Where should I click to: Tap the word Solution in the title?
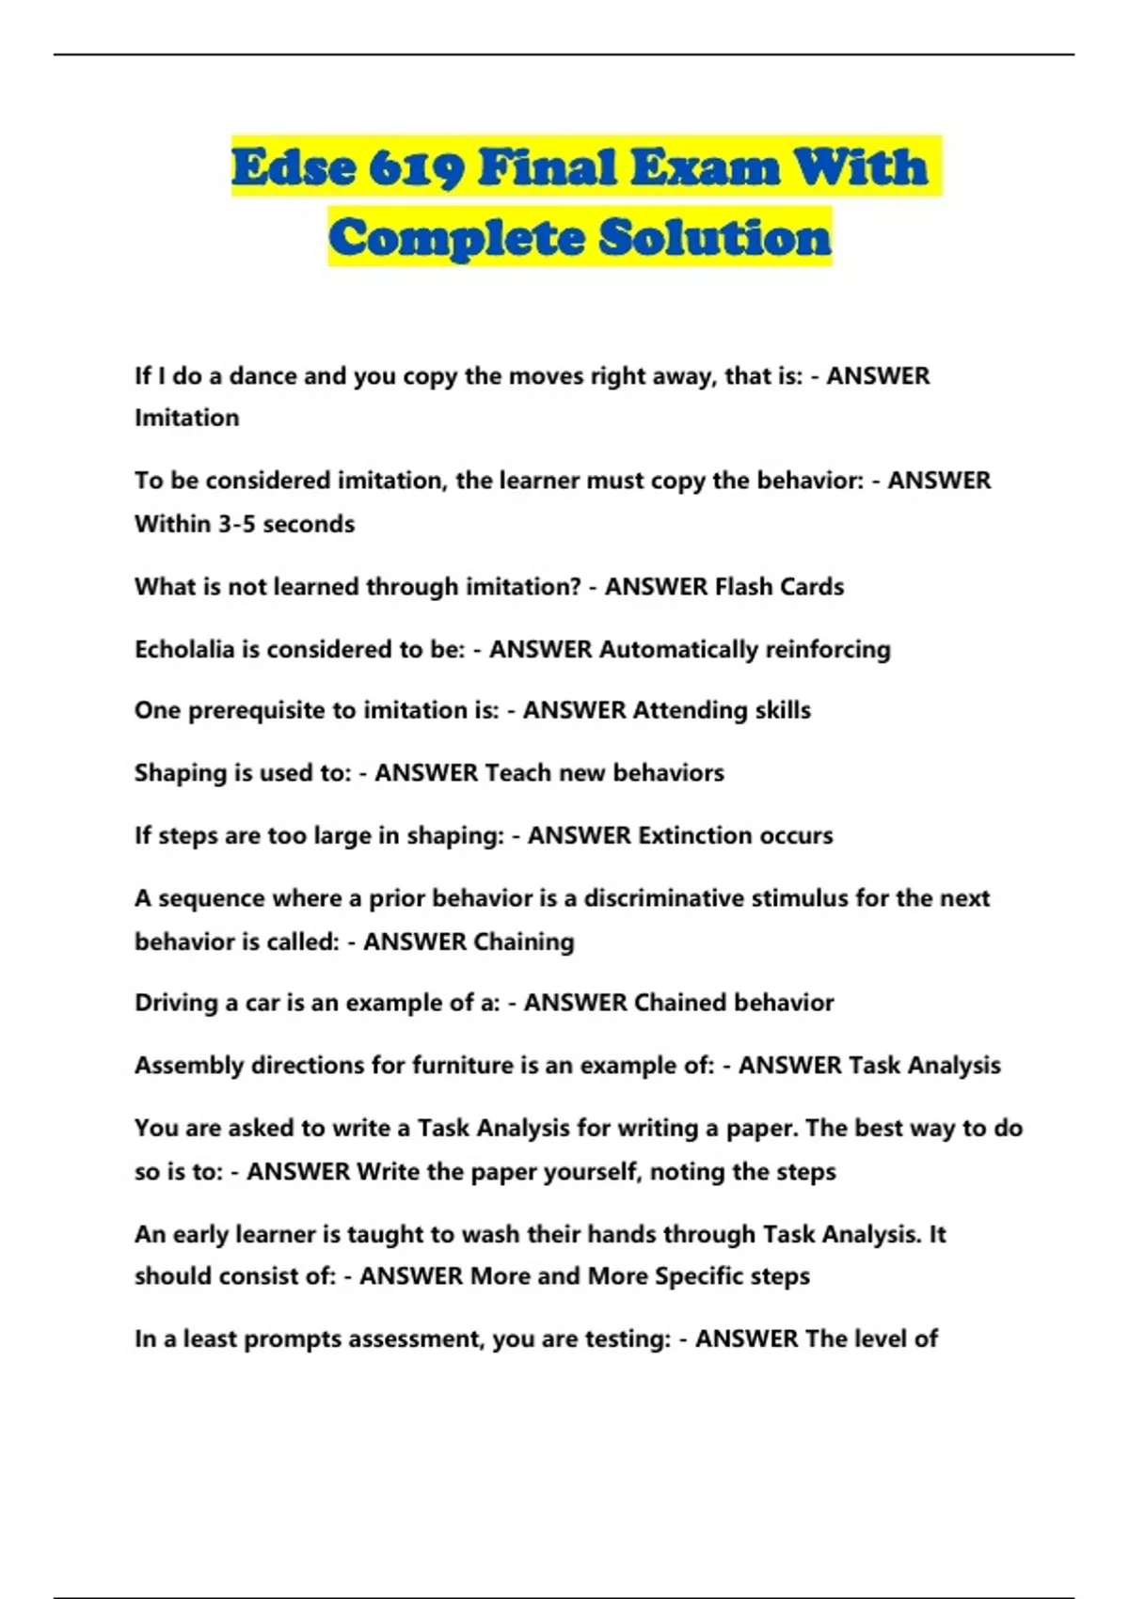(715, 237)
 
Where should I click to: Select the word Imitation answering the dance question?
(187, 418)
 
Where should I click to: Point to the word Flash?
(744, 587)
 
